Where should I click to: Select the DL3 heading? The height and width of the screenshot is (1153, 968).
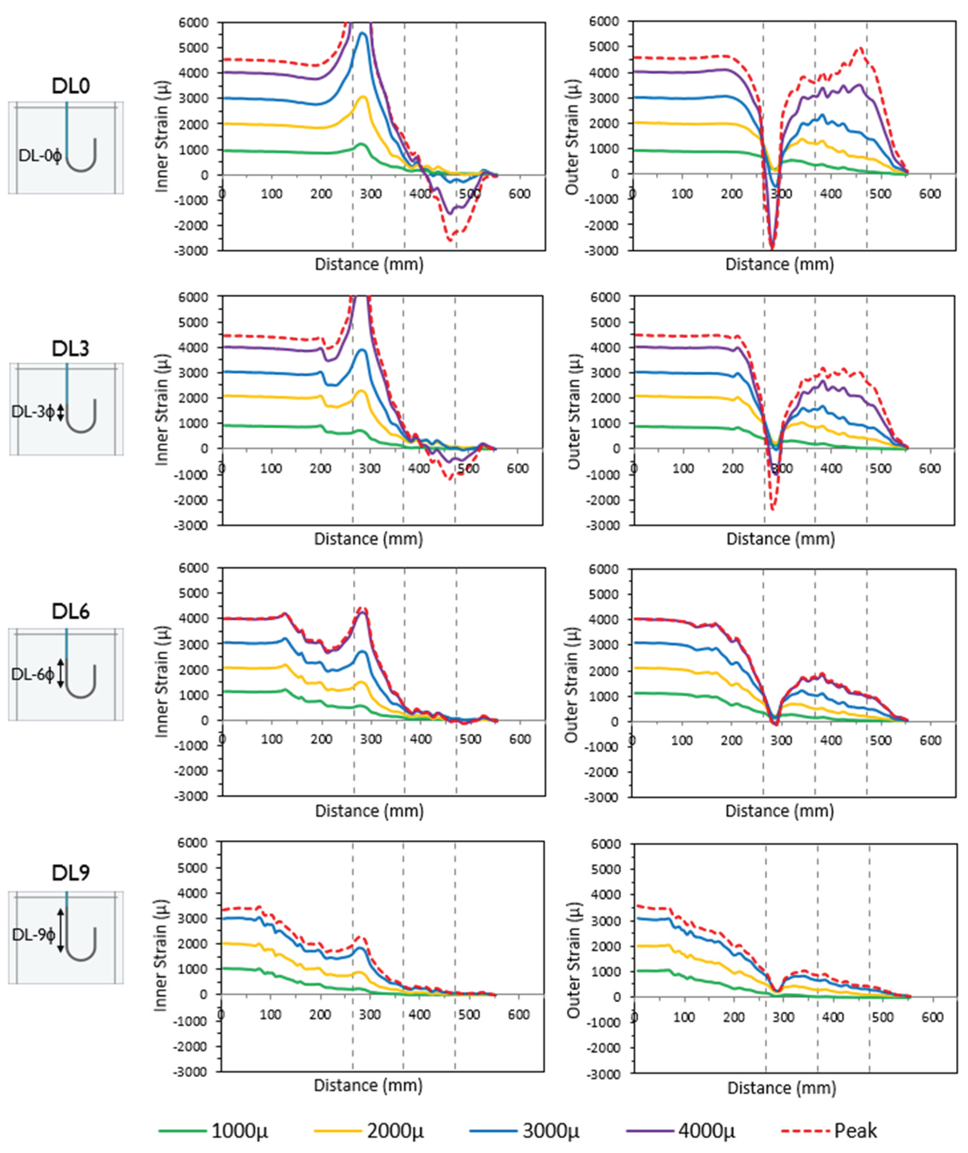pos(70,349)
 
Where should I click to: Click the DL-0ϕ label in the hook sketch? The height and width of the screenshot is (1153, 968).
pos(39,156)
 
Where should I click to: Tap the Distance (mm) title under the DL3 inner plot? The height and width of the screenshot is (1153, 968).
pos(368,539)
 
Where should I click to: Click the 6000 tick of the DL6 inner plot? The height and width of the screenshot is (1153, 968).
pos(193,568)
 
